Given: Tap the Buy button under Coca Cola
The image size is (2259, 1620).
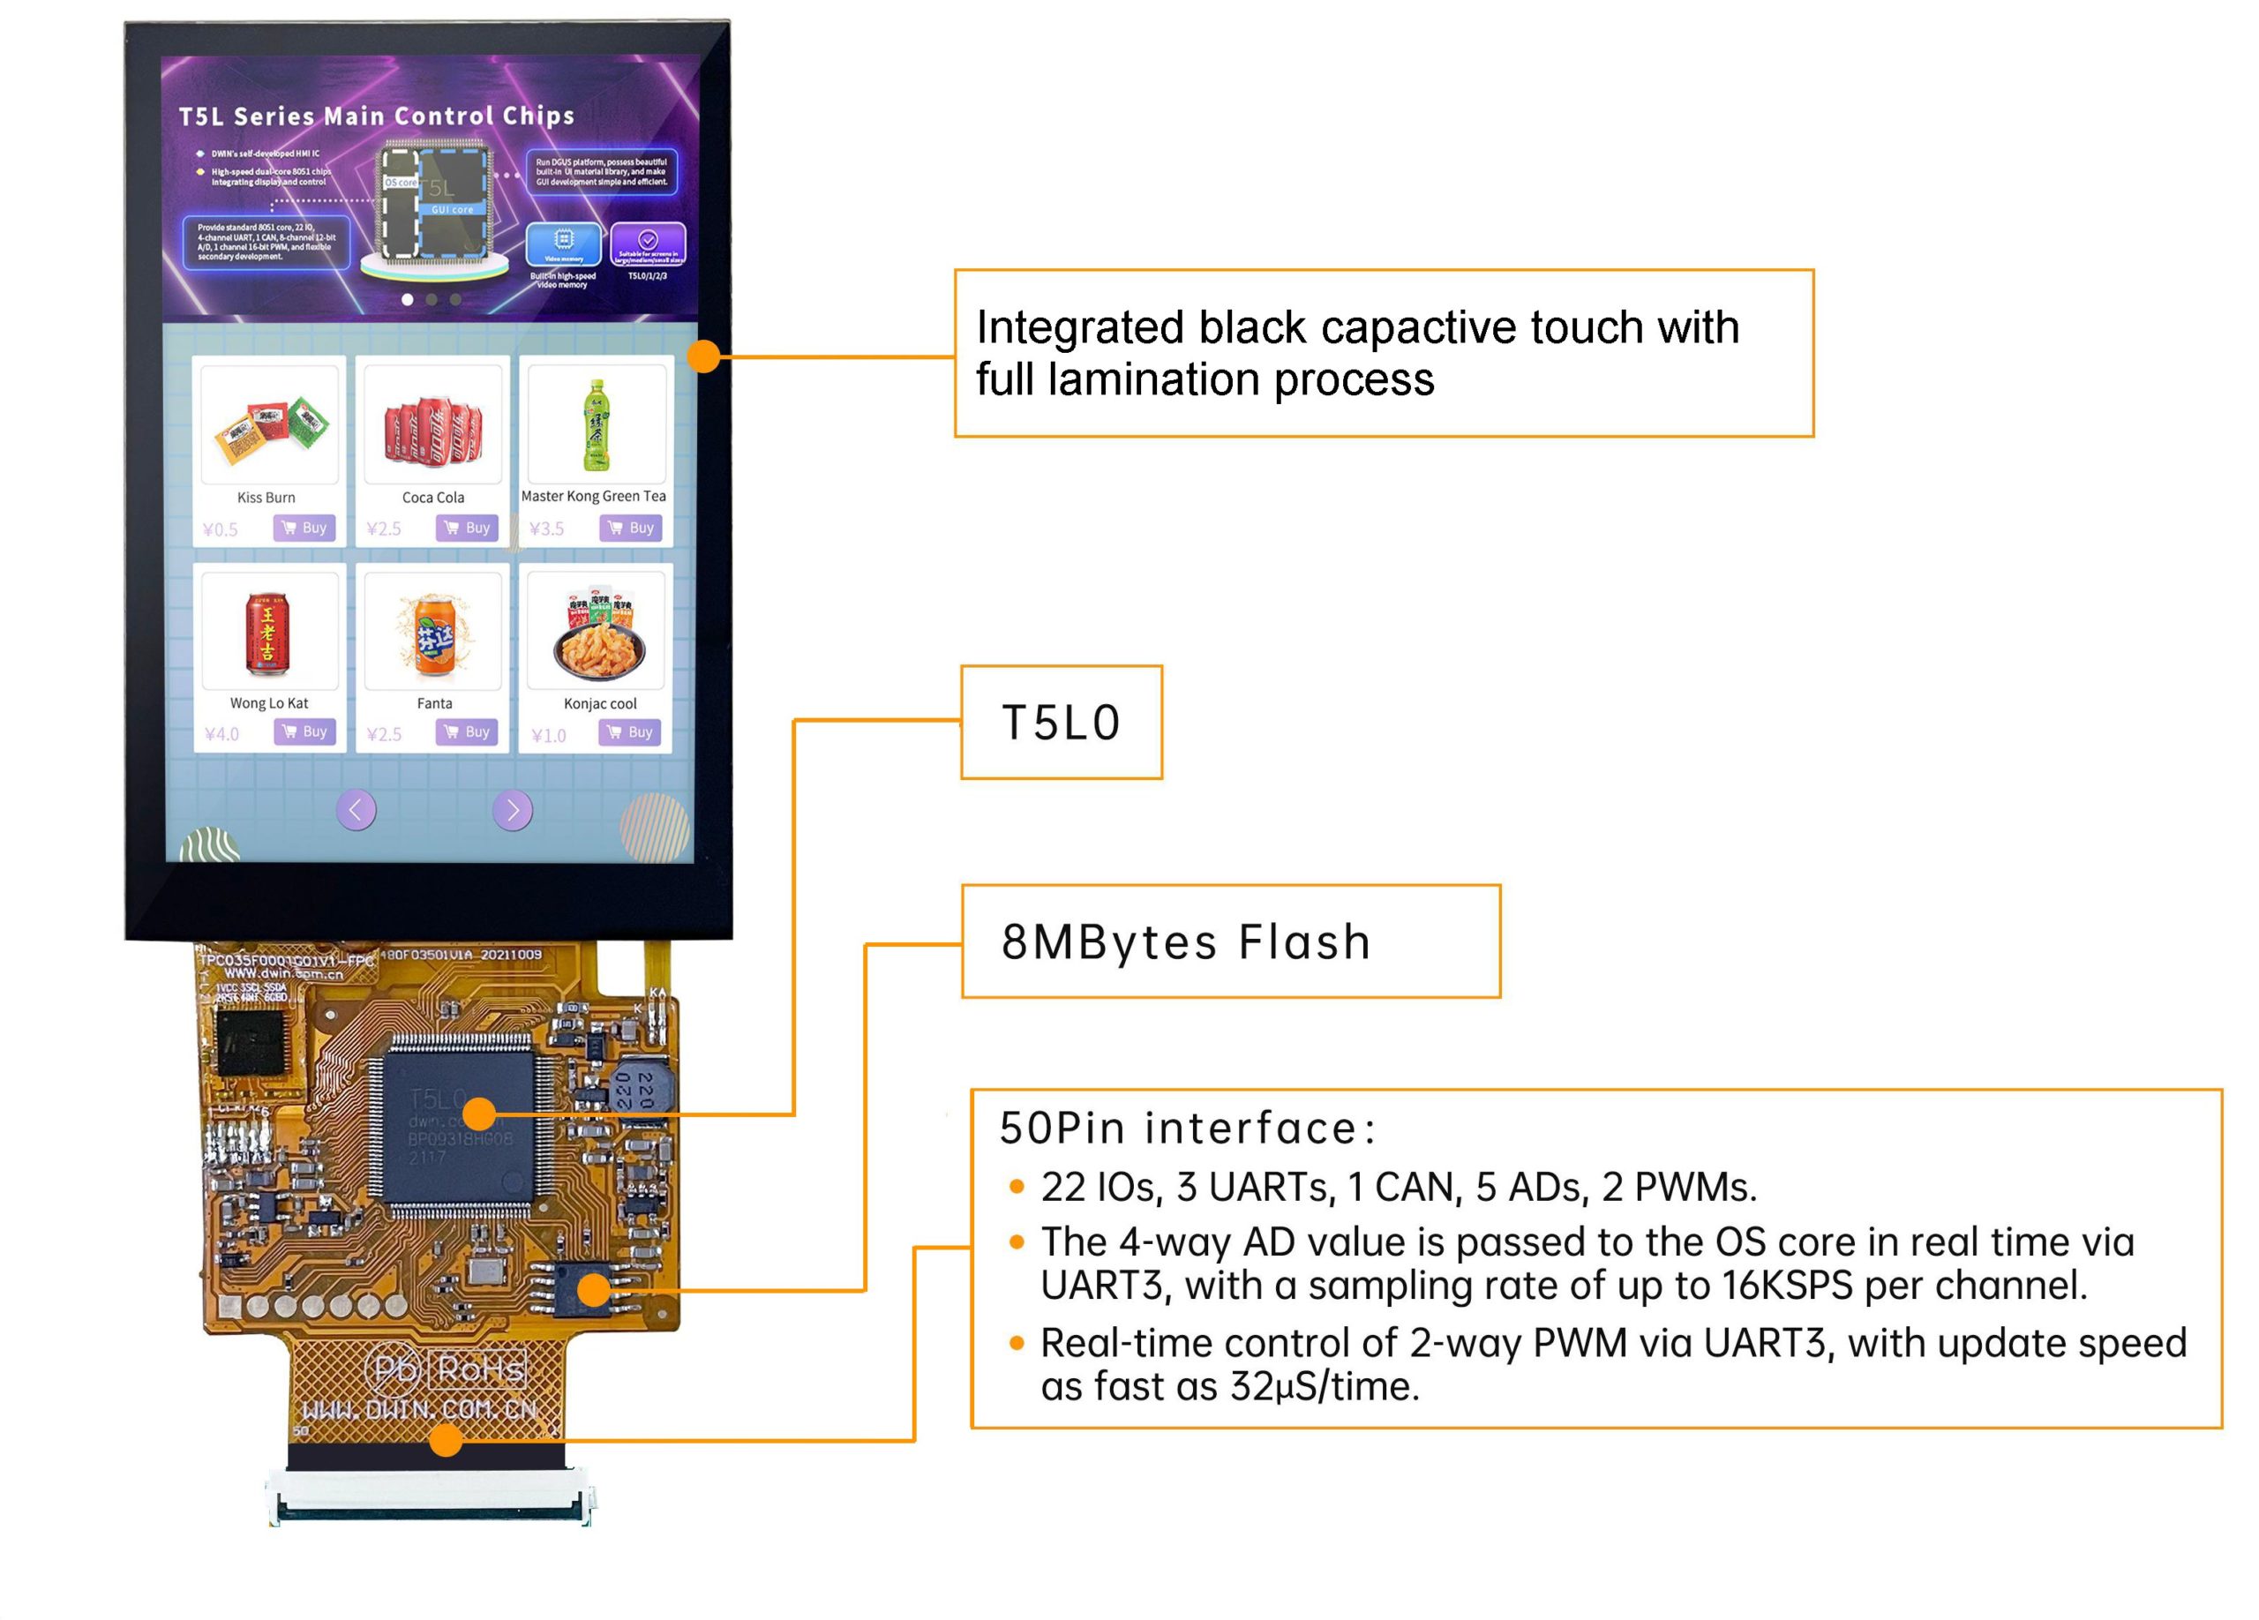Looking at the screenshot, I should [467, 528].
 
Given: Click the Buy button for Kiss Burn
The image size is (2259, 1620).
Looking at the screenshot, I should [304, 528].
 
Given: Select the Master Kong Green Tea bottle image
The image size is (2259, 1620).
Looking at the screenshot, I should [596, 425].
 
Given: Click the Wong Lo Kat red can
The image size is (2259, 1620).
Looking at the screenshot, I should [267, 633].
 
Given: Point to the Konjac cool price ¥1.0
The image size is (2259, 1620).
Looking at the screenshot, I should [549, 736].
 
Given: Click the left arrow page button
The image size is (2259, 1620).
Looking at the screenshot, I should [356, 809].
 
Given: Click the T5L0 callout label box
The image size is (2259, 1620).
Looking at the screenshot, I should [1061, 722].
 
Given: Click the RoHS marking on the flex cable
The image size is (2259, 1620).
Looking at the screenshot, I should [480, 1370].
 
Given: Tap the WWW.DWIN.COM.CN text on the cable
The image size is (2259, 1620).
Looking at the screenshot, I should [419, 1410].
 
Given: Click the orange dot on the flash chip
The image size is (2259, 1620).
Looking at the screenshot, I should [594, 1289].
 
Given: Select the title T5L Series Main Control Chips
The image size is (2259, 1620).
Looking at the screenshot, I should [377, 116].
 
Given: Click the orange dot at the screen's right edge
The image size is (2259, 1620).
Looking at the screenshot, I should [704, 356].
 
